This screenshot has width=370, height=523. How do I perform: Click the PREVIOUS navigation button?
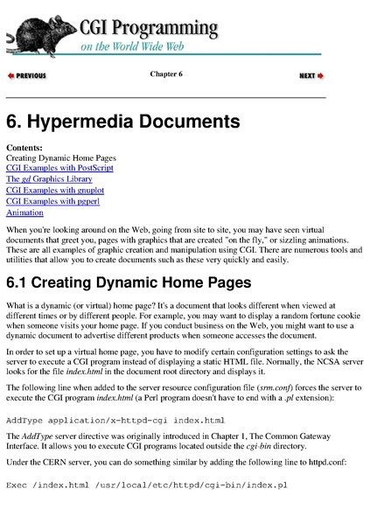[27, 76]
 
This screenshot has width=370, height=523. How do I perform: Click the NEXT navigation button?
[311, 76]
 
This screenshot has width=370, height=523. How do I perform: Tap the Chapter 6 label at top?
[166, 73]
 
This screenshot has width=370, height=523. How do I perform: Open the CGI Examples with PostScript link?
[59, 167]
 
